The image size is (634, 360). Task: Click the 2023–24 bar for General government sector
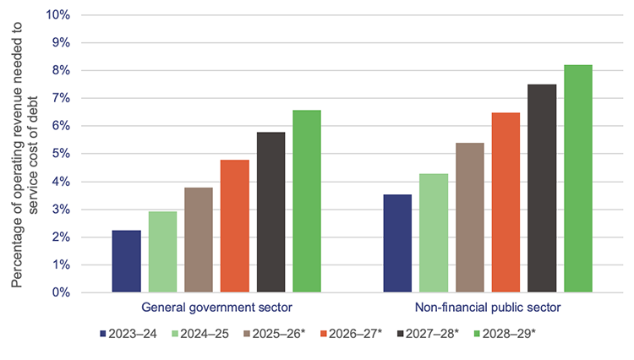pos(127,261)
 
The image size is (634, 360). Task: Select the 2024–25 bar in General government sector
pos(162,252)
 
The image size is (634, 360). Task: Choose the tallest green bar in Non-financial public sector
pos(578,178)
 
